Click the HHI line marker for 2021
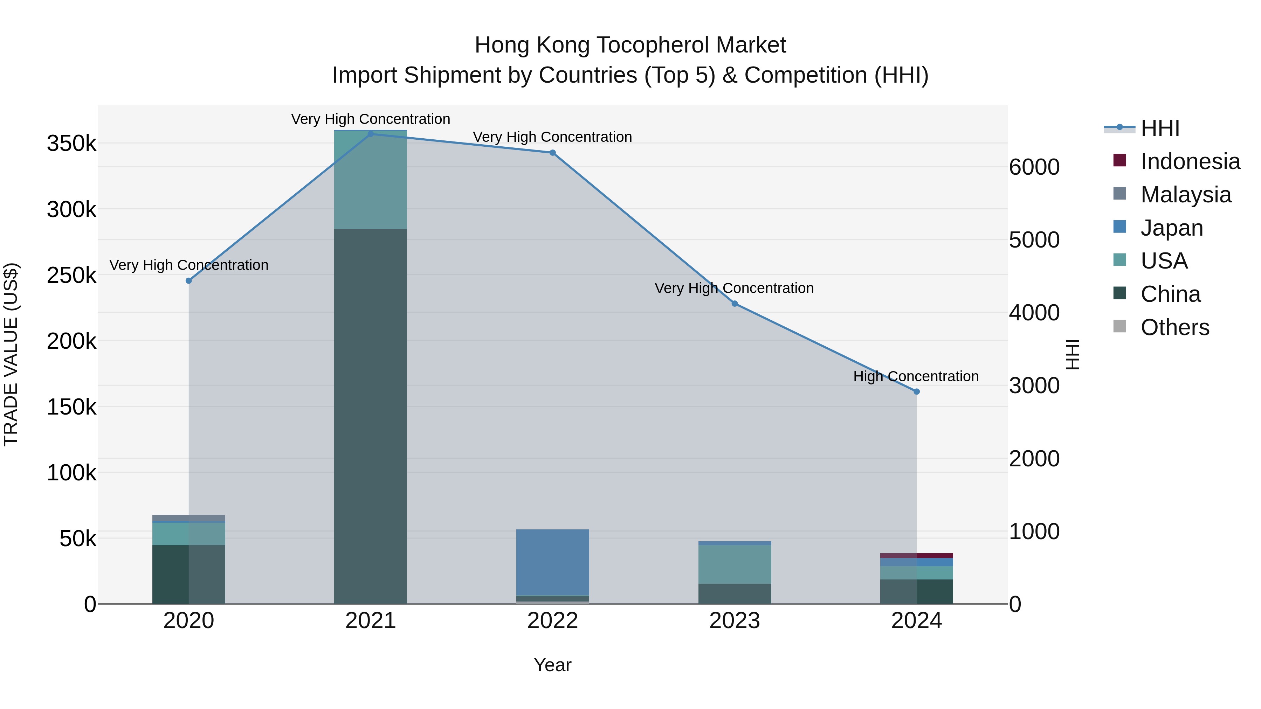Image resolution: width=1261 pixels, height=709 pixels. click(371, 134)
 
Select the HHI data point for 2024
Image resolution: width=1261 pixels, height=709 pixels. click(916, 391)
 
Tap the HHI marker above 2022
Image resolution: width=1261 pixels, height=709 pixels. click(553, 153)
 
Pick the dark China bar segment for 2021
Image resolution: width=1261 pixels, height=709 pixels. click(371, 416)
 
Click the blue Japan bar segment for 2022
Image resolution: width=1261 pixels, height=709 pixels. click(553, 562)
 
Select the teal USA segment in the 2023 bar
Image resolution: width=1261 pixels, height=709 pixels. click(734, 564)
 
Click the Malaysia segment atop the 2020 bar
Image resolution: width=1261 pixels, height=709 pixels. click(188, 519)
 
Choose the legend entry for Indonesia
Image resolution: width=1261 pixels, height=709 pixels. click(1190, 161)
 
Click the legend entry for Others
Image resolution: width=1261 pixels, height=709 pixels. click(1174, 327)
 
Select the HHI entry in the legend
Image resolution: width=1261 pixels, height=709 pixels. click(1160, 128)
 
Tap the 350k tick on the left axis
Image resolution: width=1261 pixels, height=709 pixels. click(71, 144)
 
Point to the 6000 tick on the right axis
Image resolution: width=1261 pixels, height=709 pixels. click(1034, 167)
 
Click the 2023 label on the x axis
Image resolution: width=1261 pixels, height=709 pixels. click(734, 621)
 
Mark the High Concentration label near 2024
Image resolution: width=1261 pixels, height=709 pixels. click(916, 376)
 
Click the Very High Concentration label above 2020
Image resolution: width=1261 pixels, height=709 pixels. click(188, 265)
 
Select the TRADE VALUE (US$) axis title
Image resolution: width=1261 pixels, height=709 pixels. click(11, 354)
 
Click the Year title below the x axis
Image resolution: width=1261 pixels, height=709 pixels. click(553, 665)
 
